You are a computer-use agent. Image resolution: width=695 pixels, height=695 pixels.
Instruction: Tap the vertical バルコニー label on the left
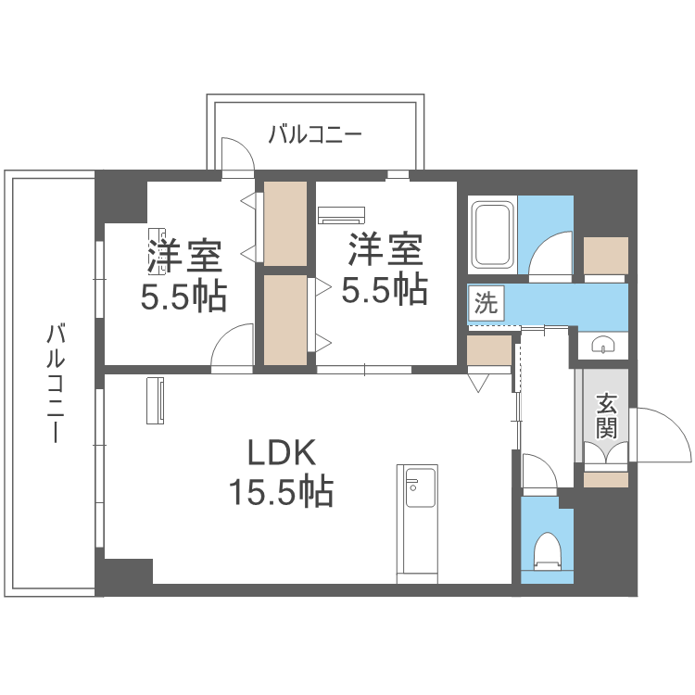pos(53,383)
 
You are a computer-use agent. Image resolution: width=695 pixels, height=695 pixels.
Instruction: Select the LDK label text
pos(283,453)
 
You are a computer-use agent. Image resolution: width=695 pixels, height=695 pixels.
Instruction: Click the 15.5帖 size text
pos(283,491)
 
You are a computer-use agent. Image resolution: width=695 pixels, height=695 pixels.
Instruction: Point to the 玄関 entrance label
pos(606,416)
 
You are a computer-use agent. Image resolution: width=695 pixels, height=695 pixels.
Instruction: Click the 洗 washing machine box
pos(485,302)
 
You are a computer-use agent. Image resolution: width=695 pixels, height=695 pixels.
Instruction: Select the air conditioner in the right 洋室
pos(340,215)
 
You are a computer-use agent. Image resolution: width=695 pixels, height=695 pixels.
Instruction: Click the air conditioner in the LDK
pos(155,400)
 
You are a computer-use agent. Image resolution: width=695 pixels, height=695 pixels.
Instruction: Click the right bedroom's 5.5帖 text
pos(385,290)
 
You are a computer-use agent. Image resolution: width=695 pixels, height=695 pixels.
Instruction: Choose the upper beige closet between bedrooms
pos(284,223)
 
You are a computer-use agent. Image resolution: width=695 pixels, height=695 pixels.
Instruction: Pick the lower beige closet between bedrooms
pos(284,319)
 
